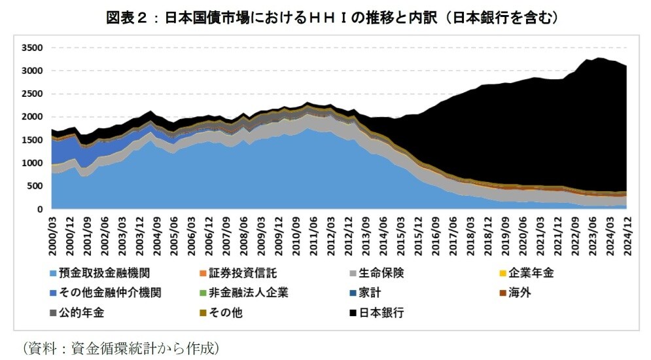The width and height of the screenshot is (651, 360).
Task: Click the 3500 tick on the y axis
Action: (x=32, y=48)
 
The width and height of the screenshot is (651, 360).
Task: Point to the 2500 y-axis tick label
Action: (x=32, y=94)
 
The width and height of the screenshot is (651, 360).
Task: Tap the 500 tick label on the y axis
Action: (x=35, y=186)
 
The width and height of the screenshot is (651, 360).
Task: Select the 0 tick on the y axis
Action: (x=41, y=209)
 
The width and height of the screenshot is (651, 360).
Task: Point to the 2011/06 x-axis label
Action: (x=313, y=232)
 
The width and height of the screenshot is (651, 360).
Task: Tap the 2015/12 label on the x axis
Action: (x=415, y=232)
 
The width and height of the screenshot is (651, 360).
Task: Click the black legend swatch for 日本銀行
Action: (x=355, y=313)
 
